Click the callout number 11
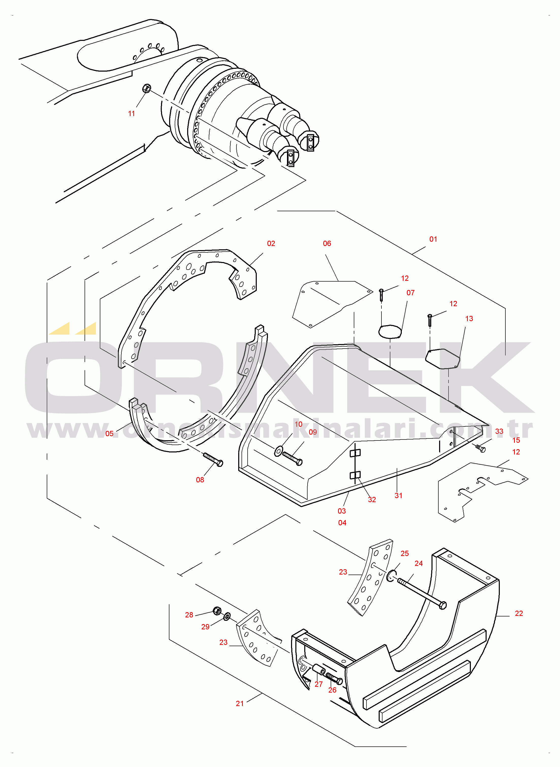click(x=132, y=113)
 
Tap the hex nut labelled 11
click(x=146, y=88)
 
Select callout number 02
click(x=271, y=243)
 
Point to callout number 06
click(x=327, y=243)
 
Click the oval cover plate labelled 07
click(x=390, y=331)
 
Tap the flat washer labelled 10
click(x=279, y=451)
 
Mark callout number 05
click(x=109, y=434)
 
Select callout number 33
click(x=499, y=431)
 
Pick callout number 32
click(x=372, y=499)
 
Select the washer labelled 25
click(x=391, y=576)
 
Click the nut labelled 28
click(x=217, y=611)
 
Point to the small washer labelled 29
click(x=227, y=616)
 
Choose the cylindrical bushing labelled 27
click(x=319, y=670)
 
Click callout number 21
click(x=240, y=703)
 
